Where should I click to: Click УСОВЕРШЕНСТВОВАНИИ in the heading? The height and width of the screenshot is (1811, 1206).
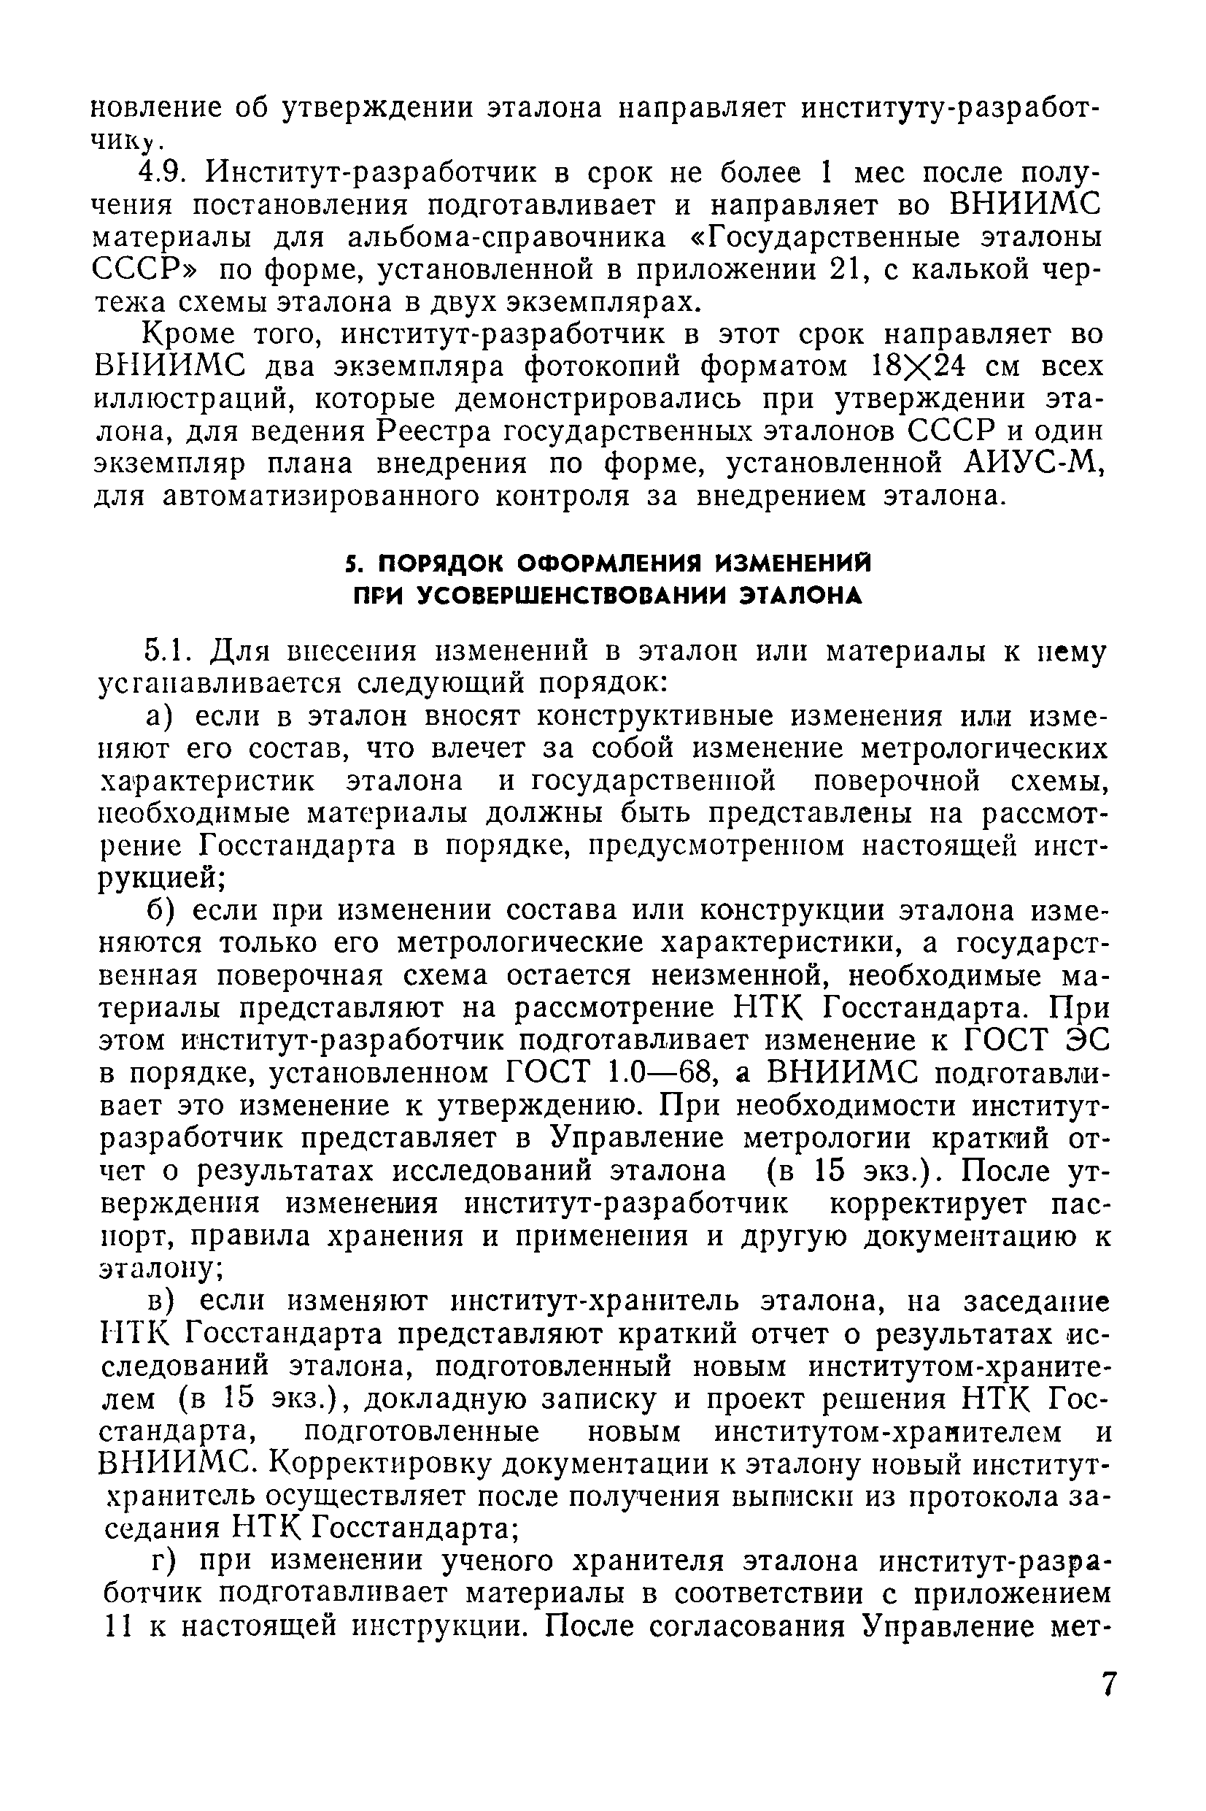click(573, 596)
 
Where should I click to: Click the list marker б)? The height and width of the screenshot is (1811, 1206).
click(163, 910)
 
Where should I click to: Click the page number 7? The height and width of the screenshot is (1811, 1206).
click(1108, 1683)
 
